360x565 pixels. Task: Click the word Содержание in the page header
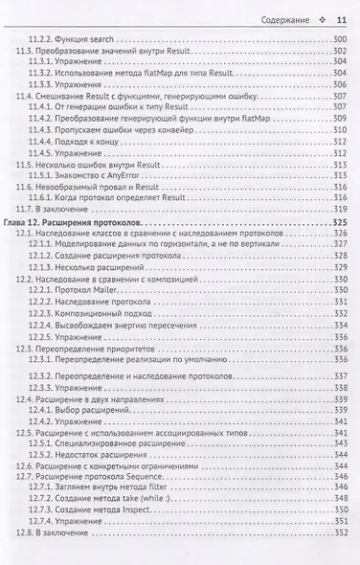point(286,19)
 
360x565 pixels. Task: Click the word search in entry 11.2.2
point(118,37)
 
